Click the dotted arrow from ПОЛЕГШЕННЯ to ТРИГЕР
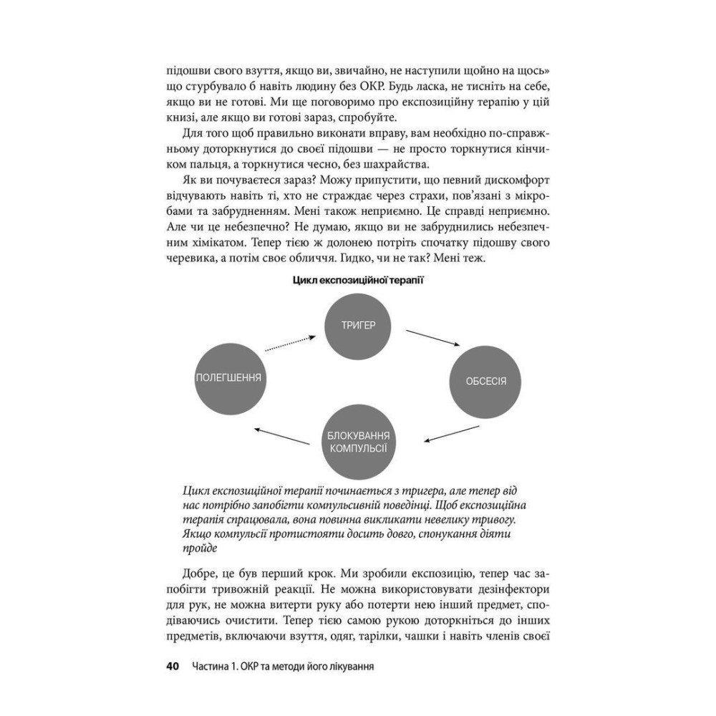pos(289,342)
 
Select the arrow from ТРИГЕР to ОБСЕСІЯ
pos(432,338)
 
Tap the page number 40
pos(172,666)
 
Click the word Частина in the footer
pos(211,666)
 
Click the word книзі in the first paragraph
pos(183,117)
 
